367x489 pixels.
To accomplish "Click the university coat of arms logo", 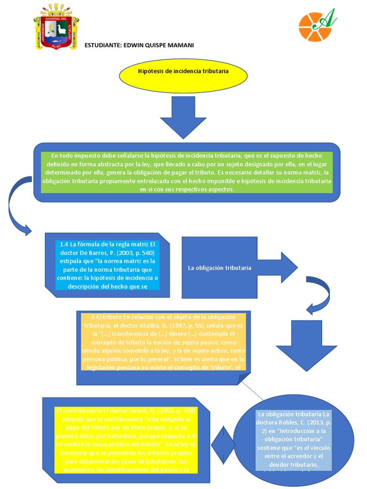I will (x=56, y=27).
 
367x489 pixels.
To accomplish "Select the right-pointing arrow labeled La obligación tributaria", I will (x=239, y=268).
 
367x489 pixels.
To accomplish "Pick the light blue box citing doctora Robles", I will (x=293, y=439).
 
